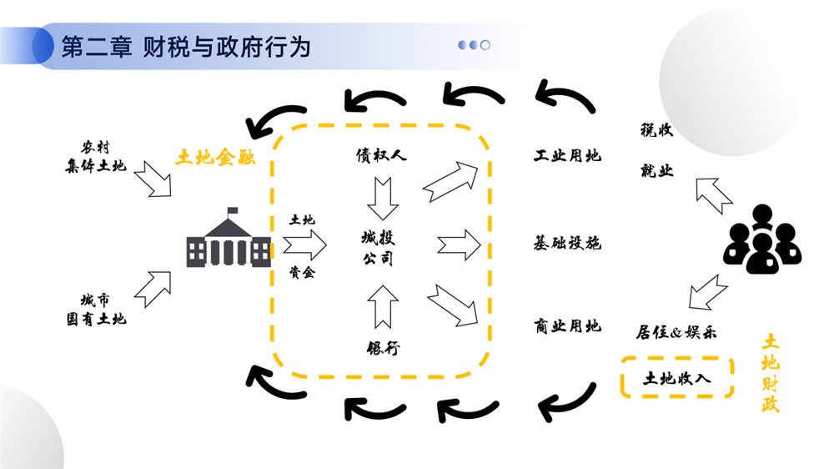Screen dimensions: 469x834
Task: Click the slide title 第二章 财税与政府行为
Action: point(186,47)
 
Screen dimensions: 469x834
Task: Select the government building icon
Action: point(228,240)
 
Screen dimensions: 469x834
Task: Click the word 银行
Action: point(383,348)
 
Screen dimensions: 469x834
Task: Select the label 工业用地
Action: point(567,156)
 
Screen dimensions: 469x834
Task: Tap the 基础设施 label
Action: point(567,244)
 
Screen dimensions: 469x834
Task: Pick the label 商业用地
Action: point(567,326)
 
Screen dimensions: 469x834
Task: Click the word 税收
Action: point(656,130)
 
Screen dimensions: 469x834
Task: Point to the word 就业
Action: point(656,171)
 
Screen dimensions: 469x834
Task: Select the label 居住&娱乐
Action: point(677,332)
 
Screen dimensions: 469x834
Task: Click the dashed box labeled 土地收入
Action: point(676,377)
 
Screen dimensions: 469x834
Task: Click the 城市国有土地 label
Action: point(96,309)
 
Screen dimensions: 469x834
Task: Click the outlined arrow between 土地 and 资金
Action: point(304,245)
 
